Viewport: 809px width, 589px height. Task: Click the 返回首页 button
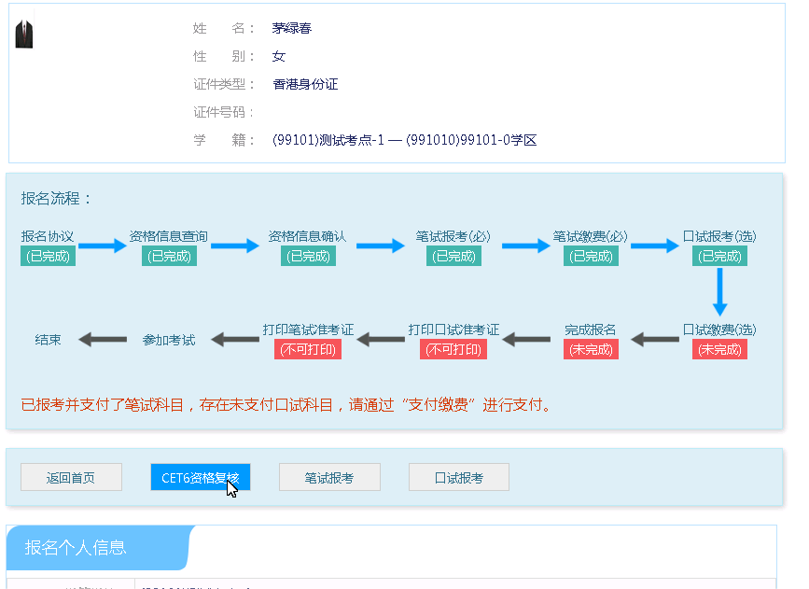pos(71,477)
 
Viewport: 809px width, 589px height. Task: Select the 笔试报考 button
pos(329,477)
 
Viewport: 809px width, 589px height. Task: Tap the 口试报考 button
pos(459,477)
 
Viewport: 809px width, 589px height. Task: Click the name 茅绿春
pos(292,28)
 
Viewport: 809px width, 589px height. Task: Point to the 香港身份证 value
pos(305,84)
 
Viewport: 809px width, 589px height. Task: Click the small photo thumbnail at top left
pos(24,33)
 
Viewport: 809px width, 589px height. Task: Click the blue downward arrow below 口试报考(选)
pos(719,292)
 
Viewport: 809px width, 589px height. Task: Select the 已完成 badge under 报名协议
pos(48,256)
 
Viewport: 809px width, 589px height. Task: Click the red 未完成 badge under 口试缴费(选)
pos(719,350)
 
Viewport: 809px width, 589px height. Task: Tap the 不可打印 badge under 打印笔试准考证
pos(308,350)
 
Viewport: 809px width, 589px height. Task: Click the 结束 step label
pos(48,340)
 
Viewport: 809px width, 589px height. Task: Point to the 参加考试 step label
pos(169,340)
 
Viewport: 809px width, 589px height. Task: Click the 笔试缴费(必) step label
pos(590,236)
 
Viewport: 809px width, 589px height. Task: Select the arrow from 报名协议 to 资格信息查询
pos(102,246)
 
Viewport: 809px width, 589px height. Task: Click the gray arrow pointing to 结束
pos(102,340)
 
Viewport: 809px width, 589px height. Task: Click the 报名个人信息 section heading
pos(76,548)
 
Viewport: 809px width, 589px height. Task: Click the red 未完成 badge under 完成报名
pos(591,350)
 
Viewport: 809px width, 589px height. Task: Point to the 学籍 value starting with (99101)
pos(404,140)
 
